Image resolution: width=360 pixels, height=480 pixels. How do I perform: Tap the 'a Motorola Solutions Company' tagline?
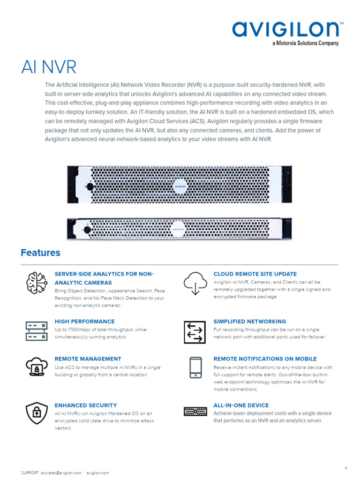point(306,44)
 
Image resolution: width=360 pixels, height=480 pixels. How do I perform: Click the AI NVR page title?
point(49,67)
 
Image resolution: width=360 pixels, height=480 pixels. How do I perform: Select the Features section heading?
point(40,253)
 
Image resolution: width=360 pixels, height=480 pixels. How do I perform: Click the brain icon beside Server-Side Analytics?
point(36,282)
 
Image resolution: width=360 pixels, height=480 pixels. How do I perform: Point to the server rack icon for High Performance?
point(36,330)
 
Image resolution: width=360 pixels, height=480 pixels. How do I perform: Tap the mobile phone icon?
point(195,367)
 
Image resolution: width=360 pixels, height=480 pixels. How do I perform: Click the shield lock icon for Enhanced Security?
point(36,412)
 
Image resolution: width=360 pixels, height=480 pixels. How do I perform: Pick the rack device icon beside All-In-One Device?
point(195,412)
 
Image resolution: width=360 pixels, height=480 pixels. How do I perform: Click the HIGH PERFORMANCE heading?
point(84,322)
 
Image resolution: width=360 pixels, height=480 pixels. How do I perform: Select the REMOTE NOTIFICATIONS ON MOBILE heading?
point(265,359)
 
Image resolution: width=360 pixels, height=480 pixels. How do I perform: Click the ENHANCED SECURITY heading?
point(86,405)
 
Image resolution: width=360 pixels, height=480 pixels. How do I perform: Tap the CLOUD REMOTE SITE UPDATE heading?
point(255,274)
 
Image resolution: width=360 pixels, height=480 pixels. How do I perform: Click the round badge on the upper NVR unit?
point(179,186)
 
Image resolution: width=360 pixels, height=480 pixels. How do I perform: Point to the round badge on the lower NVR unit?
point(178,228)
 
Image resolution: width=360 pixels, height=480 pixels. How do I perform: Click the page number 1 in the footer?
point(345,455)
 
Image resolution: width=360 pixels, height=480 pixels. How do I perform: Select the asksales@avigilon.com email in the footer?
point(61,473)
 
